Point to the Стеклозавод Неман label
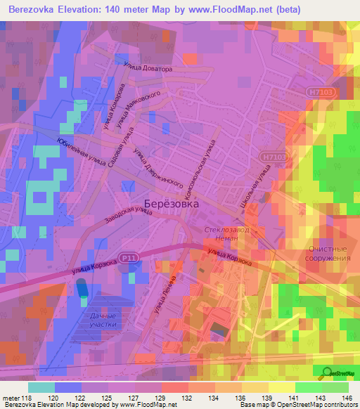(226, 234)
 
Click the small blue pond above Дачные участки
(82, 288)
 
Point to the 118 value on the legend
(28, 398)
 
